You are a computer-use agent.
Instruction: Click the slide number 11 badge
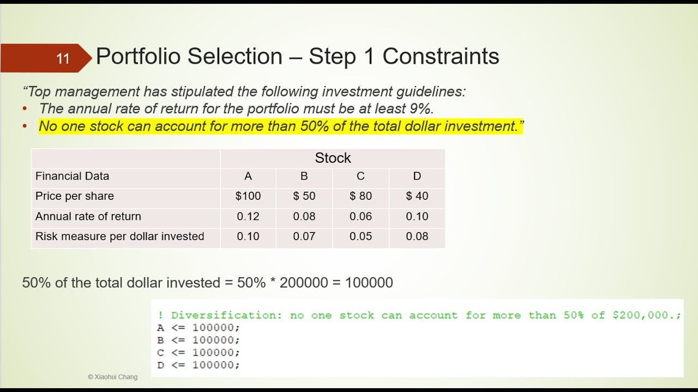coord(63,58)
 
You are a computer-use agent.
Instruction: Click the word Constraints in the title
coord(441,57)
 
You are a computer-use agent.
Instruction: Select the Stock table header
coord(333,158)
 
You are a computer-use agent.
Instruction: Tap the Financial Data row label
coord(72,176)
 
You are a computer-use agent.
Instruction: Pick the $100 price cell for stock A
coord(248,196)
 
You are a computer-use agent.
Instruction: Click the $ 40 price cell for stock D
coord(417,196)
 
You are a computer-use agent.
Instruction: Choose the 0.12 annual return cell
coord(248,216)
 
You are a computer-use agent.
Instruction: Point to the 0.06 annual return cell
coord(360,216)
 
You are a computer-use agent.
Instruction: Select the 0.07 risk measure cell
coord(304,236)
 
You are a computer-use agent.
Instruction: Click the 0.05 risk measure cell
coord(360,236)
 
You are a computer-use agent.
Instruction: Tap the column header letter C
coord(360,176)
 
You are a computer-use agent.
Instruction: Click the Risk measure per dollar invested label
coord(119,236)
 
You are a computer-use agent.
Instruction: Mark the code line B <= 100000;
coord(198,340)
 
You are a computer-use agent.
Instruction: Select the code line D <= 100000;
coord(198,365)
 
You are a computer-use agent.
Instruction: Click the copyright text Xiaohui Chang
coord(112,377)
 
